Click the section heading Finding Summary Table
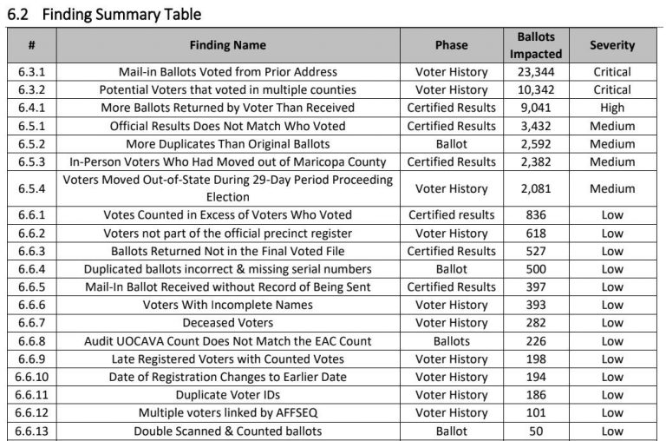pyautogui.click(x=104, y=14)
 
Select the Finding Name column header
pyautogui.click(x=228, y=45)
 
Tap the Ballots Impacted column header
pyautogui.click(x=535, y=45)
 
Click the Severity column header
pyautogui.click(x=612, y=45)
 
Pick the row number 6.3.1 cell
pyautogui.click(x=33, y=72)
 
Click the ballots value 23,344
pyautogui.click(x=535, y=72)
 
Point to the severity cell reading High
pyautogui.click(x=612, y=108)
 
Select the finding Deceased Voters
pyautogui.click(x=228, y=323)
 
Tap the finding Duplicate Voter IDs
pyautogui.click(x=228, y=395)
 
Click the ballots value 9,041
pyautogui.click(x=535, y=108)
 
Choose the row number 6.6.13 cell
pyautogui.click(x=33, y=431)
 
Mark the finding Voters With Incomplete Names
pyautogui.click(x=228, y=305)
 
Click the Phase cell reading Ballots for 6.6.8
pyautogui.click(x=451, y=341)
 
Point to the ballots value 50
pyautogui.click(x=535, y=431)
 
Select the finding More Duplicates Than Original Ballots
pyautogui.click(x=228, y=144)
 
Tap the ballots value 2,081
pyautogui.click(x=535, y=188)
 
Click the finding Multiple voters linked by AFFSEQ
pyautogui.click(x=228, y=413)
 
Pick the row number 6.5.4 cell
pyautogui.click(x=33, y=188)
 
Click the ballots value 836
pyautogui.click(x=535, y=215)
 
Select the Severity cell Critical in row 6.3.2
pyautogui.click(x=612, y=89)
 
